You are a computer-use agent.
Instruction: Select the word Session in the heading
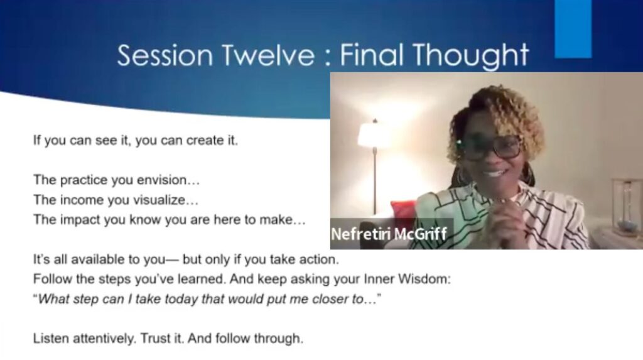(165, 55)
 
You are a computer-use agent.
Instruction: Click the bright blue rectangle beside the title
(573, 29)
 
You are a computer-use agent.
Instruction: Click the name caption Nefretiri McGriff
(388, 234)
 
